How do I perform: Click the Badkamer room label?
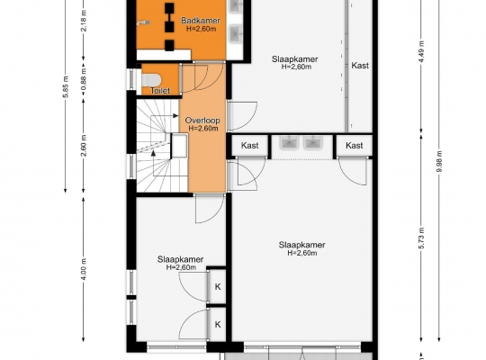[x=201, y=21]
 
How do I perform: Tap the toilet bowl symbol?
[x=150, y=79]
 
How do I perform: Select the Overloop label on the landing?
[x=202, y=121]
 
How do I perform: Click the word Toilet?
[x=160, y=91]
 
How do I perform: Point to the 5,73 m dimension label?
[x=421, y=238]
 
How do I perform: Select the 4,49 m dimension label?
[x=421, y=51]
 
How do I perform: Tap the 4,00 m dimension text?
[x=84, y=269]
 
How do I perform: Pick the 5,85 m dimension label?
[x=66, y=86]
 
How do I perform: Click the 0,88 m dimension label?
[x=84, y=78]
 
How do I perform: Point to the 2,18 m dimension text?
[x=84, y=21]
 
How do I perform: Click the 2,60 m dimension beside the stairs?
[x=84, y=146]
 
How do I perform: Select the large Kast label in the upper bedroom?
[x=360, y=66]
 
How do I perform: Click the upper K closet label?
[x=218, y=287]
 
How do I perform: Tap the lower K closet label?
[x=218, y=324]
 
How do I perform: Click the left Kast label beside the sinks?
[x=250, y=145]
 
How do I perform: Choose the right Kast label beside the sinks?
[x=355, y=145]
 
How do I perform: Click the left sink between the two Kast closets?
[x=289, y=142]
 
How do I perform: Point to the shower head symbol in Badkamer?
[x=143, y=22]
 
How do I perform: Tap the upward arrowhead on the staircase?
[x=153, y=153]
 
